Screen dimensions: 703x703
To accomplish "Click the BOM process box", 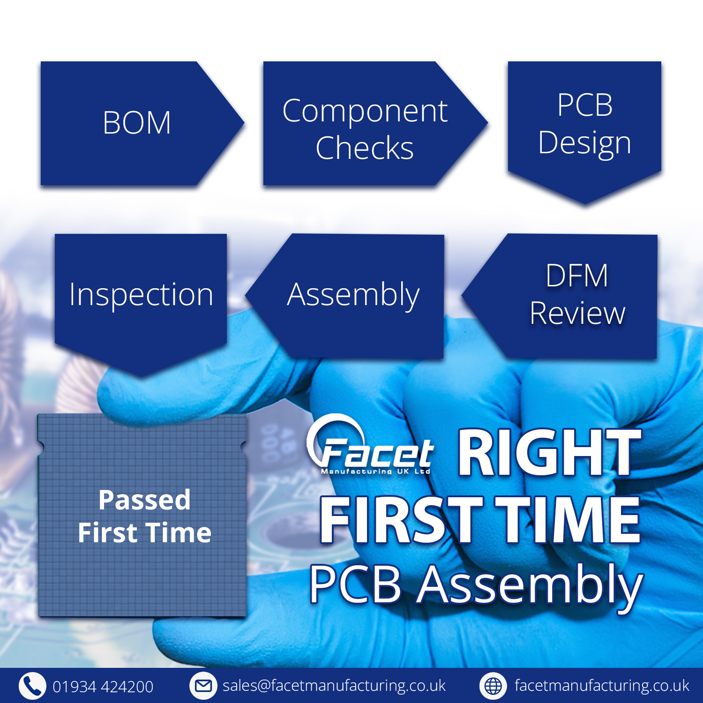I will point(136,123).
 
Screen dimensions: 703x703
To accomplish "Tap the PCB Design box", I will point(584,124).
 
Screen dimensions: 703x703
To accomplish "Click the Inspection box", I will point(141,295).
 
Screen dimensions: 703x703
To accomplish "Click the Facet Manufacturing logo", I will point(370,448).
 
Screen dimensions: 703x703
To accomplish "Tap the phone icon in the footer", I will point(32,686).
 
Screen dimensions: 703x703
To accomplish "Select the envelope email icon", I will point(203,686).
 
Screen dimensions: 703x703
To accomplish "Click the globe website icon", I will point(493,686).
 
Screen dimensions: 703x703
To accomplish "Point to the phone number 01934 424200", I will point(103,687).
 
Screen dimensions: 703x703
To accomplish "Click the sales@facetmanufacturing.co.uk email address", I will point(334,686).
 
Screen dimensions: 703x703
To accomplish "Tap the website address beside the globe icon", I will point(602,686).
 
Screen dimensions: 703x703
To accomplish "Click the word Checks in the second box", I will point(365,148).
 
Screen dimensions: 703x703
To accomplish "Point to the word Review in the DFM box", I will point(577,313).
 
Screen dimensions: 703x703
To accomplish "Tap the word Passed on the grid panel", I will point(144,500).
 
